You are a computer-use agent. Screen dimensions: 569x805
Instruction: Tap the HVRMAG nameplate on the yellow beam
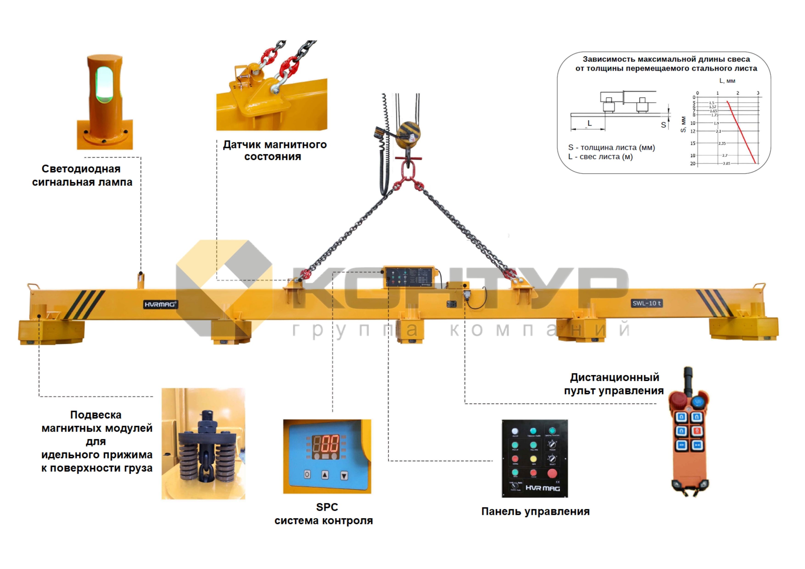(160, 304)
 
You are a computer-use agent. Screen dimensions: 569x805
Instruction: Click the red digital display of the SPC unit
(326, 444)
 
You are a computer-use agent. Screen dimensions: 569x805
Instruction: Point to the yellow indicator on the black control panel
(533, 459)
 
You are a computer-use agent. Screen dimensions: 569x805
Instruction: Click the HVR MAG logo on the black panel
(542, 488)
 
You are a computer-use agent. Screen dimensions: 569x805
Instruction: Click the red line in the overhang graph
(741, 131)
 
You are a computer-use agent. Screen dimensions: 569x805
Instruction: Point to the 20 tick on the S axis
(693, 163)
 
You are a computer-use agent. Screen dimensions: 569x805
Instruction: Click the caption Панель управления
(535, 511)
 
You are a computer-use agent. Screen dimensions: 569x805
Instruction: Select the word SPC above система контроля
(327, 507)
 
